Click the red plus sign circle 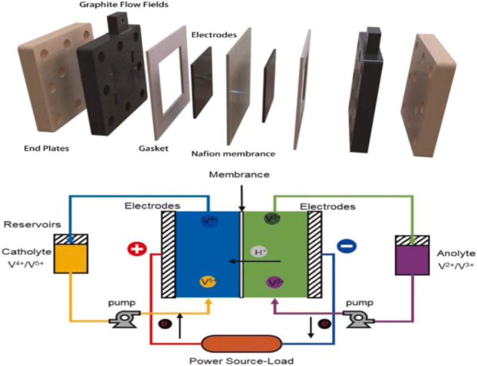pos(136,248)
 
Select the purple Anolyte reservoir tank pos(412,256)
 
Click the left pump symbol pos(123,321)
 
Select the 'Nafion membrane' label pos(234,154)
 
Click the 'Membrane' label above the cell pos(241,175)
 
